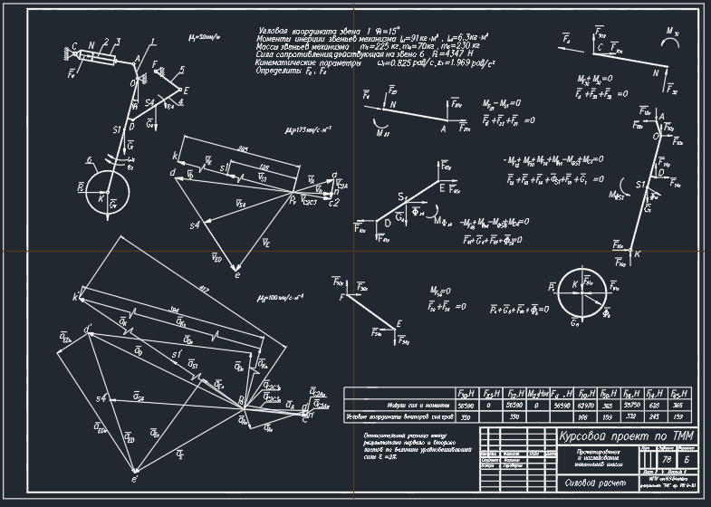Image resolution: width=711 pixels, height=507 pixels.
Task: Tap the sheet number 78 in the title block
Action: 667,461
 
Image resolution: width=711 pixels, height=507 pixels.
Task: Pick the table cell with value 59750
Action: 628,406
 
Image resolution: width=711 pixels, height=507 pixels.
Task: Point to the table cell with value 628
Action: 652,406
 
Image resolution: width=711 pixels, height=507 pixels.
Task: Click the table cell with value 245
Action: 652,417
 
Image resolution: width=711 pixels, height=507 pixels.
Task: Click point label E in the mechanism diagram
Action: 187,91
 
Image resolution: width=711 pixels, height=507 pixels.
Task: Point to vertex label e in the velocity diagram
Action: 237,273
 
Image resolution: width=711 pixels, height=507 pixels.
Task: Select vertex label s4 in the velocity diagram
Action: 195,224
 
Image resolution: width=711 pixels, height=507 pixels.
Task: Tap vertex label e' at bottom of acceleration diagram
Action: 135,479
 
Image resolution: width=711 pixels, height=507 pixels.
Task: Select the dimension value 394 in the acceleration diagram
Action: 174,309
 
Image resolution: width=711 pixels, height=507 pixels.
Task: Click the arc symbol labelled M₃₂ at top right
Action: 671,36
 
